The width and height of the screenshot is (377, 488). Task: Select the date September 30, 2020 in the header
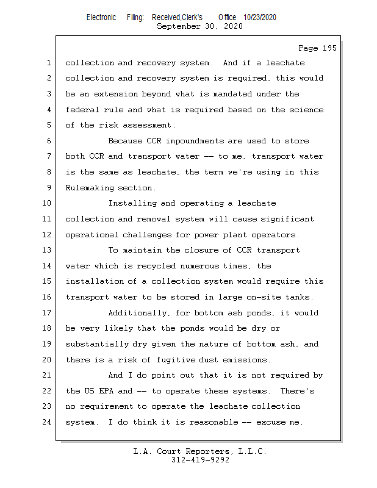pyautogui.click(x=199, y=26)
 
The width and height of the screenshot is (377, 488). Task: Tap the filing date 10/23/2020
pyautogui.click(x=259, y=17)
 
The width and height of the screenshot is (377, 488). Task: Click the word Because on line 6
pyautogui.click(x=127, y=141)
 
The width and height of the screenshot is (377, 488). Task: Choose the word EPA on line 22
pyautogui.click(x=106, y=391)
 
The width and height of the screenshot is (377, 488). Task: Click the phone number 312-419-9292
pyautogui.click(x=199, y=460)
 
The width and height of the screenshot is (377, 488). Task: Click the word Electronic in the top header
pyautogui.click(x=101, y=17)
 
